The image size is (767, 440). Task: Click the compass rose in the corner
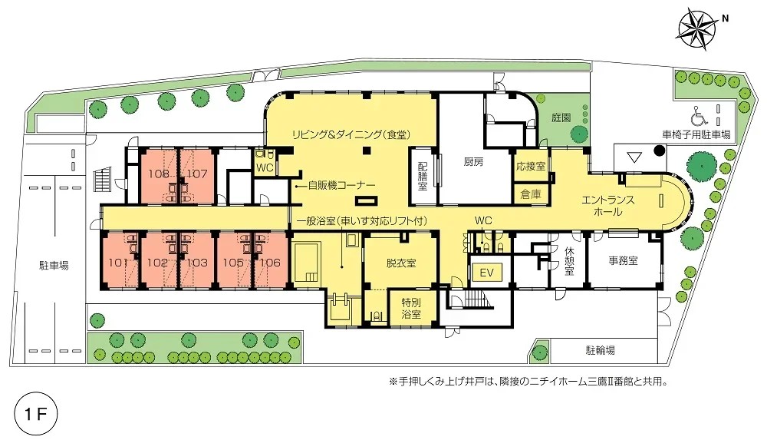[x=697, y=31]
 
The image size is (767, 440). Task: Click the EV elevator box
[x=487, y=273]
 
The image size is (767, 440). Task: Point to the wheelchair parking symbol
[x=699, y=117]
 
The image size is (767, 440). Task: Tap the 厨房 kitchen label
[x=473, y=161]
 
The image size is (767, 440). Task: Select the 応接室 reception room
[x=531, y=167]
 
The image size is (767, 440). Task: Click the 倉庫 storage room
[x=531, y=194]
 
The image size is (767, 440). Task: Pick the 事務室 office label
[x=623, y=260]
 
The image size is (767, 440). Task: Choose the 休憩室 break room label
[x=569, y=260]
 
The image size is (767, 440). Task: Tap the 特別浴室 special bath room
[x=411, y=308]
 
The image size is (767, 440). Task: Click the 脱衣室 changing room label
[x=401, y=263]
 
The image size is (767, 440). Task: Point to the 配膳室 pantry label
[x=423, y=176]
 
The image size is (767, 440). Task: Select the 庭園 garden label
[x=561, y=118]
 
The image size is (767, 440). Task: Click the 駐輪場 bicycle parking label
[x=601, y=350]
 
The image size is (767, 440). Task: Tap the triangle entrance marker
[x=634, y=157]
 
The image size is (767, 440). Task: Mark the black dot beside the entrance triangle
[x=660, y=150]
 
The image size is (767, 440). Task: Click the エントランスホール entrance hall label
[x=608, y=206]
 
